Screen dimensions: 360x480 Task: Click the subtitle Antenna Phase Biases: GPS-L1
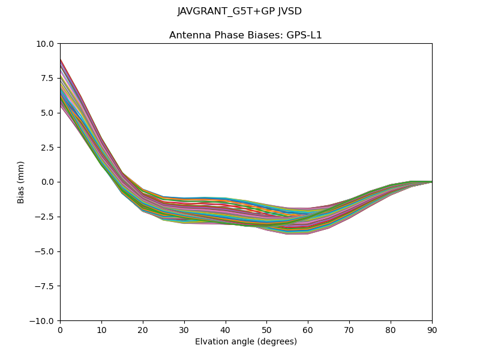245,35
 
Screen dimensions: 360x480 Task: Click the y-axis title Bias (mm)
21,182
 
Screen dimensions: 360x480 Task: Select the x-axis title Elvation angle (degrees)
246,342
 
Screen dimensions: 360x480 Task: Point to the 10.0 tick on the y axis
46,44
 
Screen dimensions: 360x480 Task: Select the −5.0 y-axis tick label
45,251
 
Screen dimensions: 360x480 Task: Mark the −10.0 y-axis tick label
43,321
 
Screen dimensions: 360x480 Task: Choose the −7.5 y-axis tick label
45,286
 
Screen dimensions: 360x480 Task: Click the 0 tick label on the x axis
60,330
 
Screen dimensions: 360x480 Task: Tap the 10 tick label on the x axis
101,330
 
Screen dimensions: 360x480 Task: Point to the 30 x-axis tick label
184,330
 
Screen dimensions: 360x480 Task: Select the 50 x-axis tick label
267,330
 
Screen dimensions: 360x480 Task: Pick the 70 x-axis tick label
349,330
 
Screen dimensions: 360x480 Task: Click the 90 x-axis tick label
432,330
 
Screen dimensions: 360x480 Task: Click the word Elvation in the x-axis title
211,342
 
